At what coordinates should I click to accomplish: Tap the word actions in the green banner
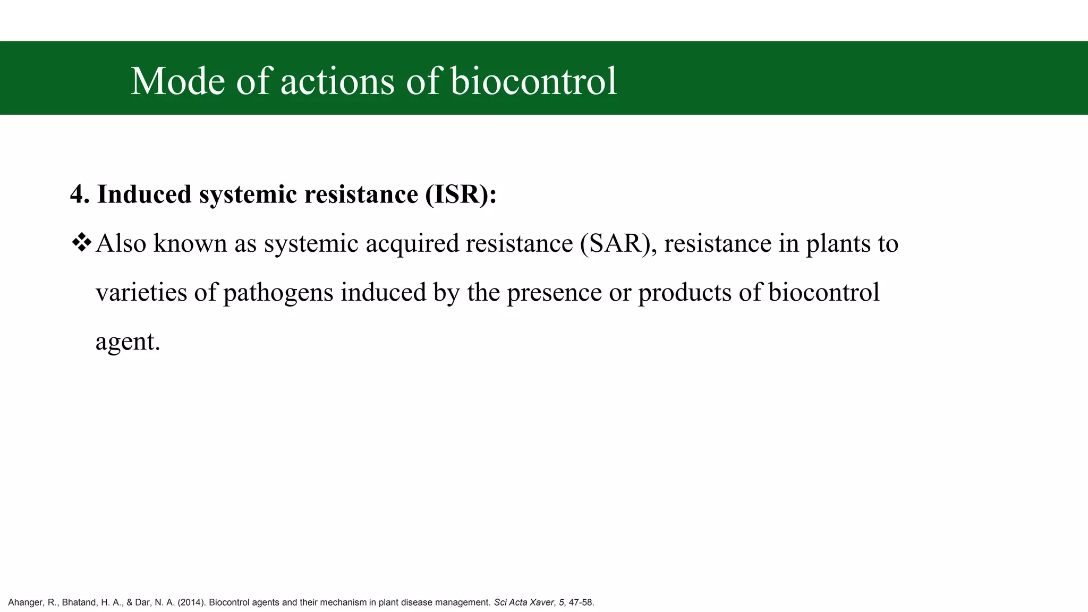pos(337,81)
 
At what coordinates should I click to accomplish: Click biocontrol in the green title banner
pos(533,81)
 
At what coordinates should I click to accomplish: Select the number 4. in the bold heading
pos(80,194)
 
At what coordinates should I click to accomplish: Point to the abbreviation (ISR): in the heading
pos(461,194)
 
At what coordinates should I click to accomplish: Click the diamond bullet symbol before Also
pos(81,243)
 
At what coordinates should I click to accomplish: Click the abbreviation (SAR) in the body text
pos(616,243)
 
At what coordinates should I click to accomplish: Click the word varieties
pos(141,292)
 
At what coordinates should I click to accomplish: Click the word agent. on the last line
pos(127,342)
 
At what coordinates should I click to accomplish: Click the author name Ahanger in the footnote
pos(25,602)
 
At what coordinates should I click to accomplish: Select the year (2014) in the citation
pos(191,602)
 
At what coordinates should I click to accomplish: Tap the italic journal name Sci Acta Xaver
pos(523,602)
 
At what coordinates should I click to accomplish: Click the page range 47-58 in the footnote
pos(581,602)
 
